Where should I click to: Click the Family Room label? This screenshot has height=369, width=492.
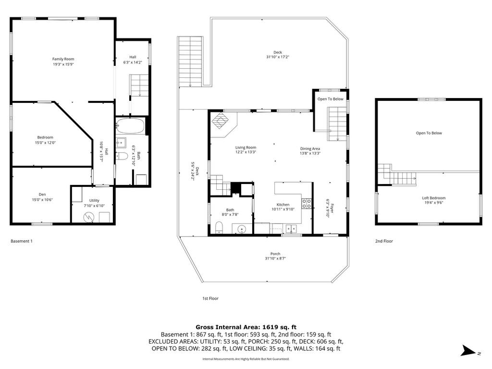63,59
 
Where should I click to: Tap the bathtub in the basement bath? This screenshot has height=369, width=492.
130,126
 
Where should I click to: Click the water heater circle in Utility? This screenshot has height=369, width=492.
88,217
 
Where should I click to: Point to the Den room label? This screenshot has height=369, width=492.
42,195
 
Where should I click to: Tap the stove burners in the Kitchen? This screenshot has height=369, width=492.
307,204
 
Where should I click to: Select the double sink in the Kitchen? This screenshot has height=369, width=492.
291,229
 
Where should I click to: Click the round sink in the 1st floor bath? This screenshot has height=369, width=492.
242,229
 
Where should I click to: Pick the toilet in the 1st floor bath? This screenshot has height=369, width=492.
219,227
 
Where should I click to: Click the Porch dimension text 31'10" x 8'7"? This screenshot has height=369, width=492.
275,258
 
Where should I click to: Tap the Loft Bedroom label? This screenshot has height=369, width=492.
434,198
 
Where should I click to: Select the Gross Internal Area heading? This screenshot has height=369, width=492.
246,327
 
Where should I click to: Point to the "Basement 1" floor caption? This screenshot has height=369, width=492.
22,241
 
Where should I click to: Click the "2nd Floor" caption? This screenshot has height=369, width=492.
384,241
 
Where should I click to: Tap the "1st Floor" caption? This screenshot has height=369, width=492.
210,298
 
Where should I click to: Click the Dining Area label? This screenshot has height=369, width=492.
310,149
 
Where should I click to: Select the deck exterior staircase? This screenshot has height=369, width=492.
190,61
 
